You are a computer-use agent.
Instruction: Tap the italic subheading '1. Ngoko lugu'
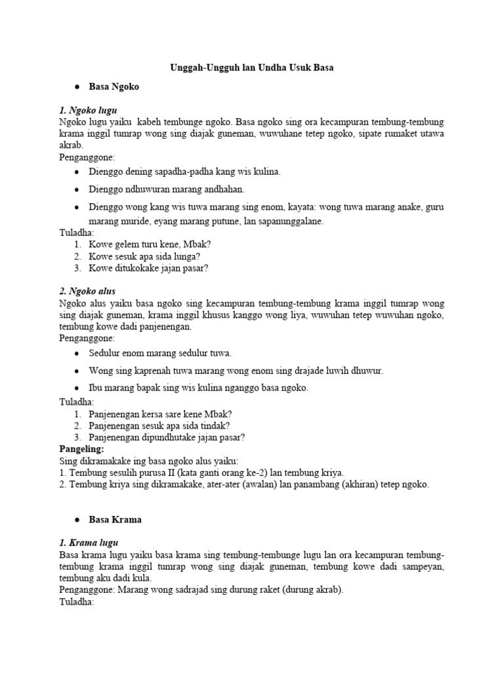point(88,111)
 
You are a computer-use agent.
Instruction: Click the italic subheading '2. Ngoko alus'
point(87,291)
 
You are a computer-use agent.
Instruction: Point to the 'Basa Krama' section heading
point(115,519)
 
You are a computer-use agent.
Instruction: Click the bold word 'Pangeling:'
point(82,449)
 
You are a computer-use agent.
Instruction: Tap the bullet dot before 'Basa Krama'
point(77,520)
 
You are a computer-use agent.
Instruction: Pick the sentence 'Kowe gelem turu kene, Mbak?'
point(150,244)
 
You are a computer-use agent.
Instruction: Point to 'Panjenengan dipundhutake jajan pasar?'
point(167,437)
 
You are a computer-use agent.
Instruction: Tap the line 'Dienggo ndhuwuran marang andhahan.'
point(167,189)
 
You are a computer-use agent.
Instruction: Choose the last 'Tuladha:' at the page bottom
point(77,601)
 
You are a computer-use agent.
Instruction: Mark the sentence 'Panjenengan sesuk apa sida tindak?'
point(159,425)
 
